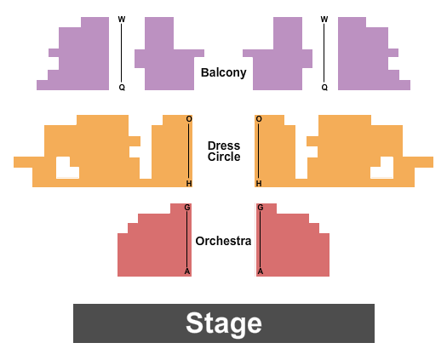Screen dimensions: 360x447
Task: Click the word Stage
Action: [x=223, y=323]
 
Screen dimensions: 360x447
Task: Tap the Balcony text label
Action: [x=223, y=72]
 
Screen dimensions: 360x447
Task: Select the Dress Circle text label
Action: [x=223, y=151]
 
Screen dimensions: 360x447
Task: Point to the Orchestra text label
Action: [x=223, y=241]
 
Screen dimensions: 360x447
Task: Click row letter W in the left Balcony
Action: [x=121, y=20]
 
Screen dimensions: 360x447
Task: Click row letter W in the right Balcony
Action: [x=324, y=20]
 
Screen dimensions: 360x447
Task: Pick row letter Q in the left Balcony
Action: [x=121, y=87]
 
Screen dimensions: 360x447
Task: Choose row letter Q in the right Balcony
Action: [x=324, y=87]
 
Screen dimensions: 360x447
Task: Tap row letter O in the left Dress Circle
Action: [x=189, y=119]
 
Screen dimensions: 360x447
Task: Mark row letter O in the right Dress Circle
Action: [x=259, y=119]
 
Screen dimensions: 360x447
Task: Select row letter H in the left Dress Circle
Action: [x=189, y=183]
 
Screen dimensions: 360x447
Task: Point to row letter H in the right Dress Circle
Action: [x=259, y=183]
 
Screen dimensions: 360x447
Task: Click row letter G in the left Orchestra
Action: [x=187, y=208]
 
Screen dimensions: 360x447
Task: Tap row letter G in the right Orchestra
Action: [x=261, y=208]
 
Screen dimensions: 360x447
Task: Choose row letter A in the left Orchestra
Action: [x=187, y=271]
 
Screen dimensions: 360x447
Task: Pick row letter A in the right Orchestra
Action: [x=261, y=271]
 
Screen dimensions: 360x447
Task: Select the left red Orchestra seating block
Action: [x=153, y=247]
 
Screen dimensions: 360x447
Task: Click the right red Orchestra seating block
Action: [x=294, y=247]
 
